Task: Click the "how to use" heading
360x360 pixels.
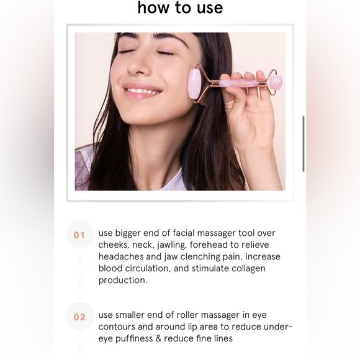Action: [180, 8]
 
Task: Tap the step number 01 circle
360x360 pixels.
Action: [79, 235]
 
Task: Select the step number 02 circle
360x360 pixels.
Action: [79, 317]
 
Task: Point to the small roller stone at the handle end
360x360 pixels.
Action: [275, 81]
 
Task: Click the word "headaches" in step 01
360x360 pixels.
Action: [121, 256]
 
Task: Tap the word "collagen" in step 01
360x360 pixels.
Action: [248, 268]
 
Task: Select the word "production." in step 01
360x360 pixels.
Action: [123, 280]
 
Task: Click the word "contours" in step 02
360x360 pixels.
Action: [119, 326]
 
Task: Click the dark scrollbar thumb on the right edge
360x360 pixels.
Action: [304, 143]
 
